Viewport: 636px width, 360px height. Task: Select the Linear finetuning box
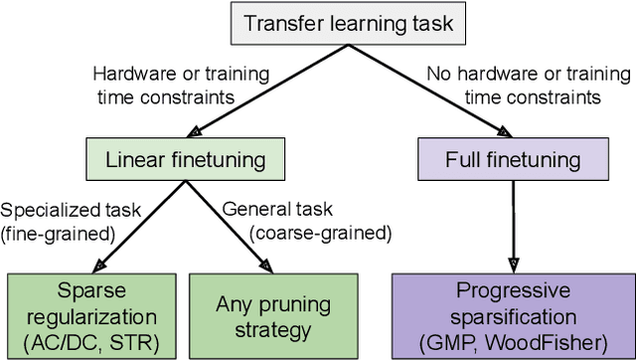(x=180, y=158)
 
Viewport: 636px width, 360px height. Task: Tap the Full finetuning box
(x=513, y=158)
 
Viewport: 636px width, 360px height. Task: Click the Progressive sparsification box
(x=512, y=308)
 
